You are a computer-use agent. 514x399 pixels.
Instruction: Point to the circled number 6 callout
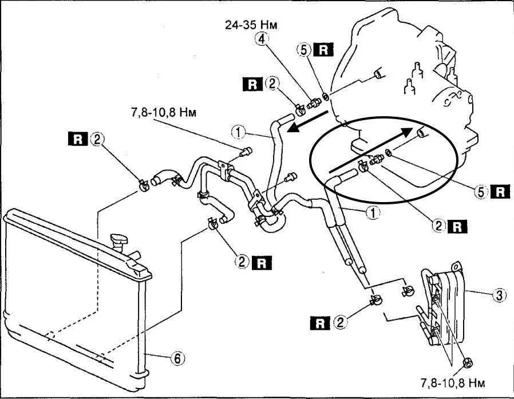(x=178, y=359)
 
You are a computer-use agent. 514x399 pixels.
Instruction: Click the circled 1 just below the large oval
(x=373, y=213)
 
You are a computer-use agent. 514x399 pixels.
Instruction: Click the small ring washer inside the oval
(x=389, y=153)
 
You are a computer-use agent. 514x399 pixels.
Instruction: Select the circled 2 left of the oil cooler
(x=341, y=323)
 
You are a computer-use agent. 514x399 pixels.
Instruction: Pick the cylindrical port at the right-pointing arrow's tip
(x=421, y=133)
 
